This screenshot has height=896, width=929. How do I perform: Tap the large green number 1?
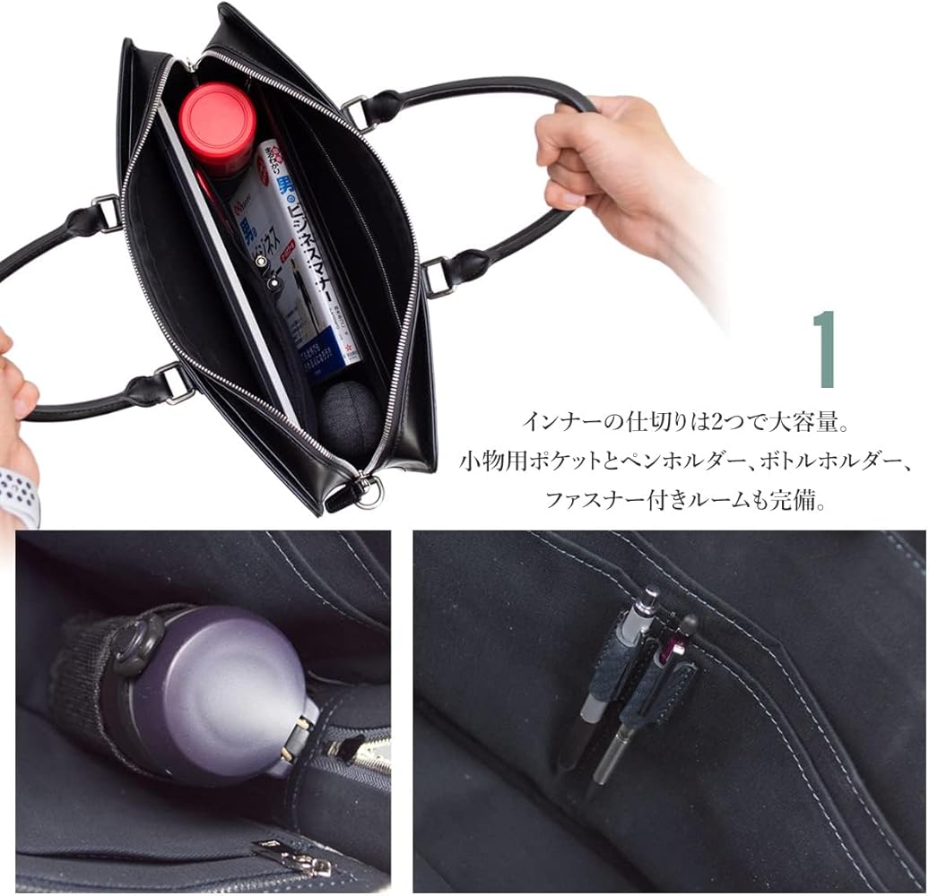click(x=824, y=350)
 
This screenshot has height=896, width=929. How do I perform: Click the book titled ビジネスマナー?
click(x=296, y=260)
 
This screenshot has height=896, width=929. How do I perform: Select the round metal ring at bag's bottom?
click(x=369, y=494)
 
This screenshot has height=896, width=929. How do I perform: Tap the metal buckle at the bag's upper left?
click(x=107, y=212)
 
